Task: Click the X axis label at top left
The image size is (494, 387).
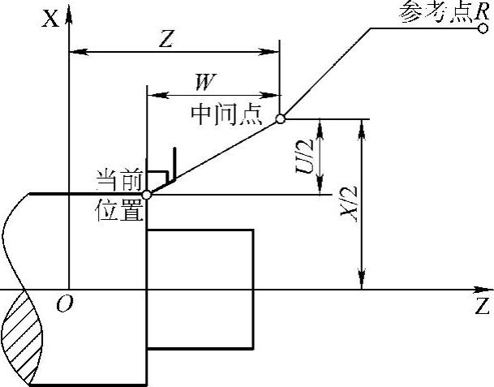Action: click(50, 18)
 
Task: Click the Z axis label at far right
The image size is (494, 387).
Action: click(482, 307)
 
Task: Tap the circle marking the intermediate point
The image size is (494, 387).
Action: click(280, 118)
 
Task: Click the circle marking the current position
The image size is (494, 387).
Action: click(147, 195)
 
